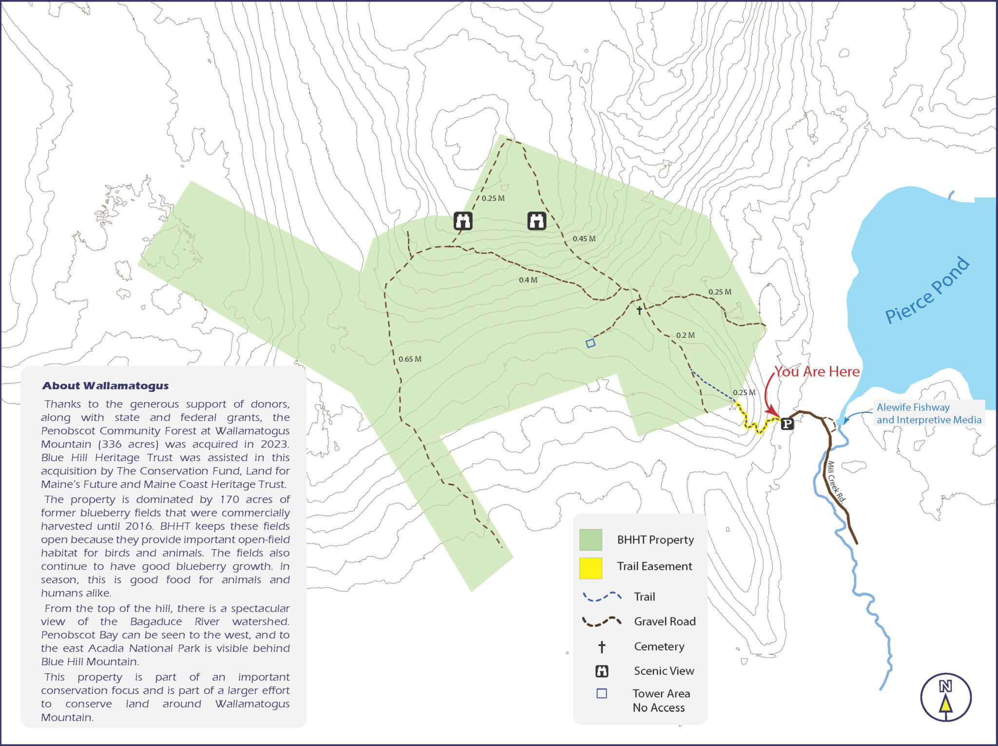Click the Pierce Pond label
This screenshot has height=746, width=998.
pyautogui.click(x=927, y=290)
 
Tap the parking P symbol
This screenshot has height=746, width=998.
pyautogui.click(x=787, y=424)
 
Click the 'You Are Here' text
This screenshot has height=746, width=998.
pyautogui.click(x=817, y=372)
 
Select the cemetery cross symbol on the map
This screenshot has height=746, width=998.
pyautogui.click(x=639, y=310)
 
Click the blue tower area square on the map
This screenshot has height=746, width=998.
pyautogui.click(x=590, y=343)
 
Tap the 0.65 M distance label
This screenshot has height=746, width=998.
pyautogui.click(x=410, y=359)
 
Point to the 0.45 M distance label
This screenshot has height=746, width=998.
pyautogui.click(x=584, y=239)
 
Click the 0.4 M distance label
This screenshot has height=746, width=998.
pyautogui.click(x=528, y=280)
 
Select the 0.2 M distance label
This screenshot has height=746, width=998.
pyautogui.click(x=685, y=335)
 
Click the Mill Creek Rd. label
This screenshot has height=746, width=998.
pyautogui.click(x=836, y=482)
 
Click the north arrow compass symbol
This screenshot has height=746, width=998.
pyautogui.click(x=945, y=697)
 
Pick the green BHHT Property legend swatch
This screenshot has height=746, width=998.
pyautogui.click(x=591, y=540)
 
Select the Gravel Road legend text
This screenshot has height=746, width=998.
pyautogui.click(x=665, y=621)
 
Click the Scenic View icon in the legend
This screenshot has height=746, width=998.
pyautogui.click(x=602, y=671)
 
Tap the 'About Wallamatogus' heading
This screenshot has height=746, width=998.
pyautogui.click(x=105, y=386)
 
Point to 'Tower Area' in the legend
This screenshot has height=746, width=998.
pyautogui.click(x=661, y=693)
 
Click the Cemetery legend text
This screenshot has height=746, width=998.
pyautogui.click(x=659, y=647)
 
